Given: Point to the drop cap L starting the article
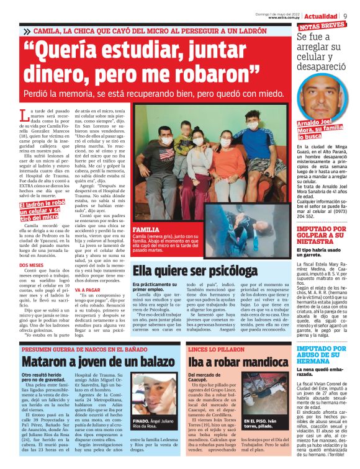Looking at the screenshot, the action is [x=23, y=115].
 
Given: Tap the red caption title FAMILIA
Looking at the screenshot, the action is [x=146, y=229].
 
